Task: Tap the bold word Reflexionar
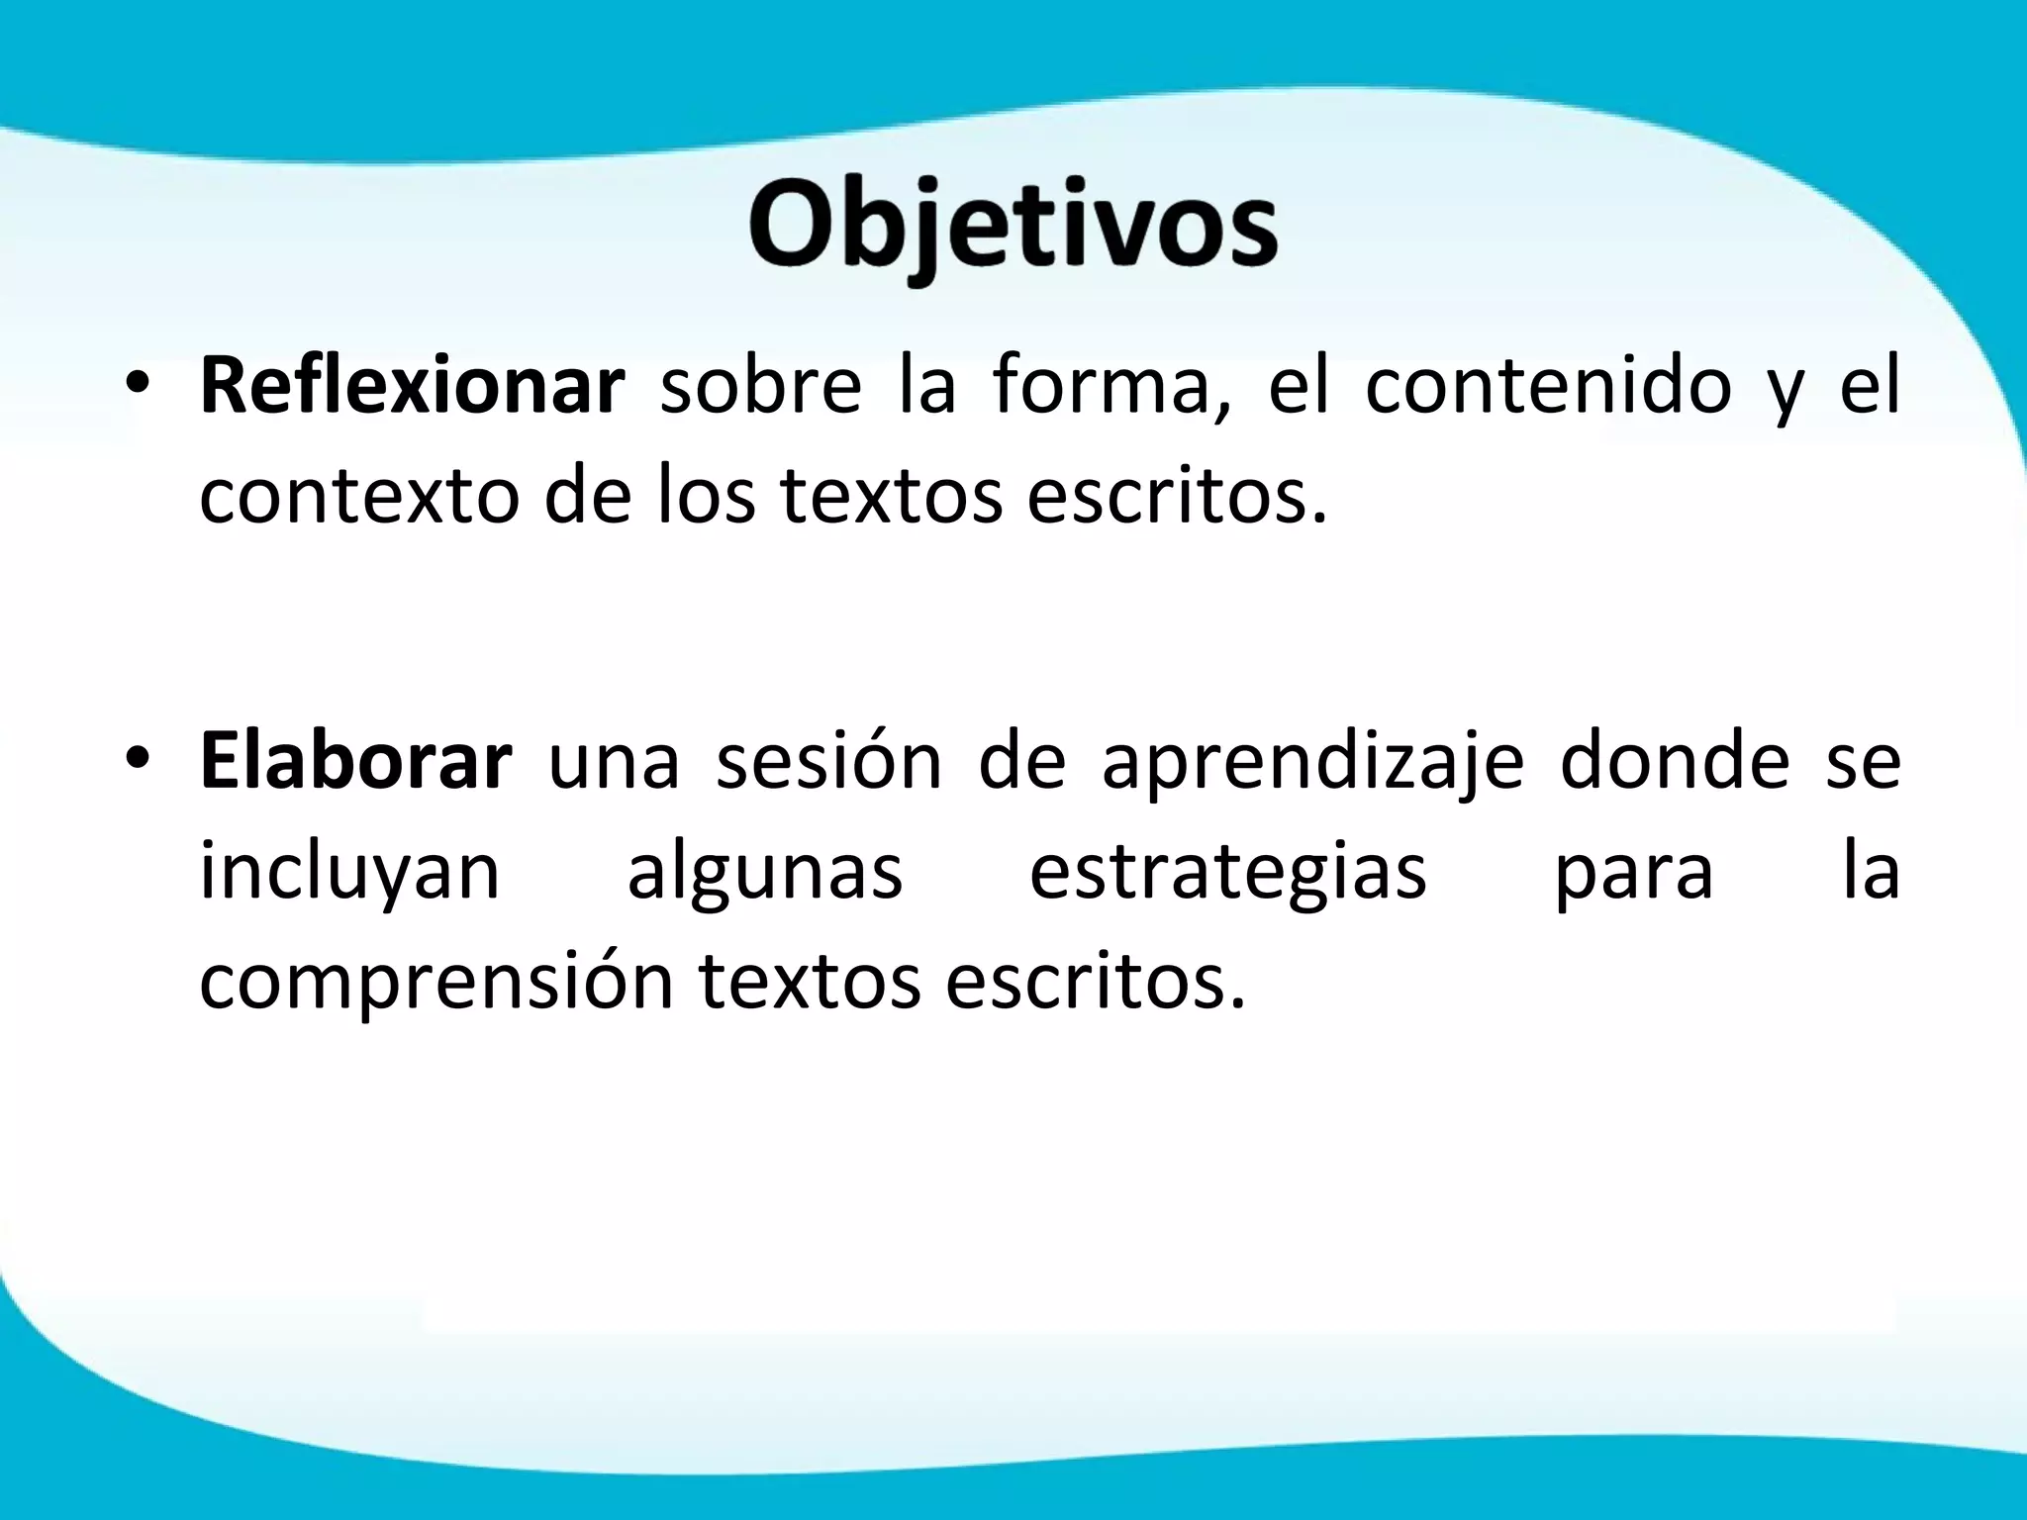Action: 412,387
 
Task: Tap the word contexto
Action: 359,497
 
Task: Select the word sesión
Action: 828,762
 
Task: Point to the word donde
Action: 1675,762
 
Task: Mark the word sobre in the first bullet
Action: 760,387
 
